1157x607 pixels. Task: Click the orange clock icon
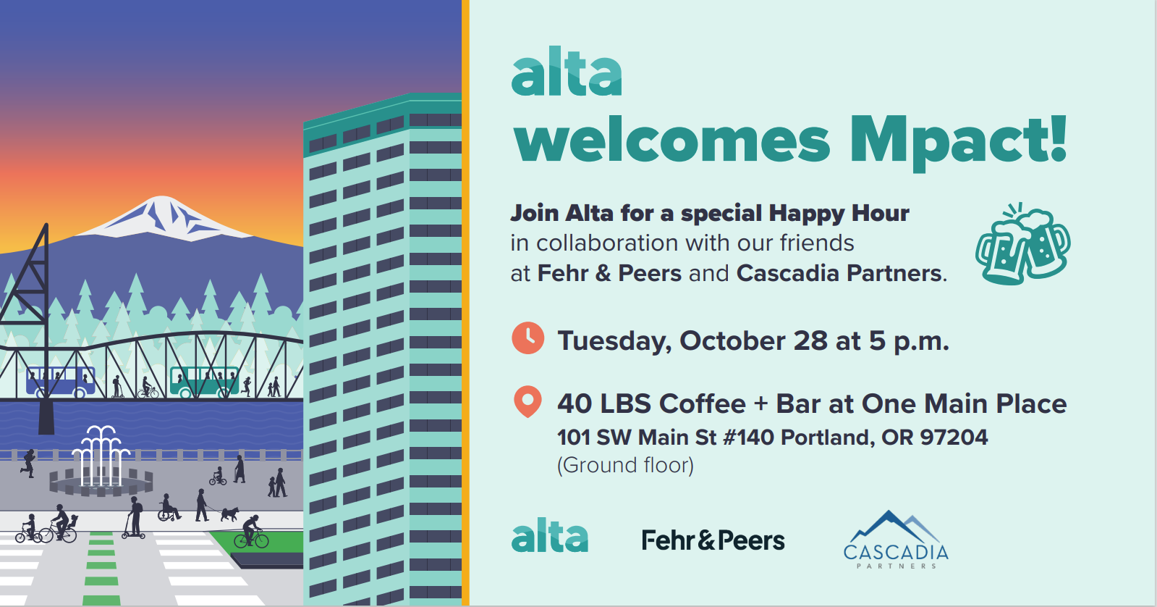(x=528, y=338)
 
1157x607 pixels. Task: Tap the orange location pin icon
(x=528, y=400)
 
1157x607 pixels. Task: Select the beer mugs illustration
(x=1022, y=244)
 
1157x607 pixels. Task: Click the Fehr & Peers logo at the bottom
(x=713, y=540)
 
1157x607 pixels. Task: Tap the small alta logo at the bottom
(x=550, y=535)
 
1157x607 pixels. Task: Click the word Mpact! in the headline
(x=959, y=140)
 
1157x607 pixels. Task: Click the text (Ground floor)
(x=625, y=465)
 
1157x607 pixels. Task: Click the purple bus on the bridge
(x=61, y=382)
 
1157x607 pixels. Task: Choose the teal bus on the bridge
(x=205, y=382)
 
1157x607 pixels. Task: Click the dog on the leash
(x=230, y=514)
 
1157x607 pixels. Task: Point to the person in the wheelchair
(x=169, y=508)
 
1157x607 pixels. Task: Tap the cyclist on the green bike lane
(x=252, y=532)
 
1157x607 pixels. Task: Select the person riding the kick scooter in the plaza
(x=134, y=518)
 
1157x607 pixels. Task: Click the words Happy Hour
(x=839, y=213)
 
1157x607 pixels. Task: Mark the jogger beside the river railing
(x=28, y=463)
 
